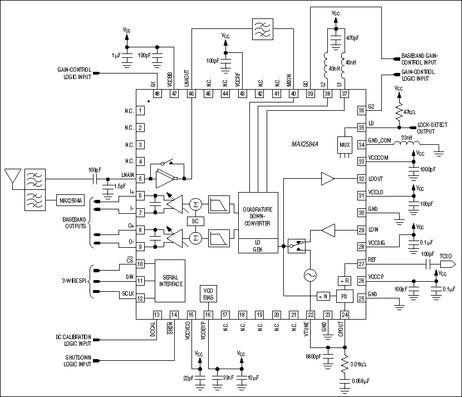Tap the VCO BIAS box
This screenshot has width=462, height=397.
tap(208, 294)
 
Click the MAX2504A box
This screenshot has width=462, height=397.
tap(71, 200)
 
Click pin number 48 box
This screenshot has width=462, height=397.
tap(158, 94)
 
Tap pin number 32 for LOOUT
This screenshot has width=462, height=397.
tap(361, 179)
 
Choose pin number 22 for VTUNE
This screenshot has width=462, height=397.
tap(309, 315)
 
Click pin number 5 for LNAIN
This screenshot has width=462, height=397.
tap(141, 179)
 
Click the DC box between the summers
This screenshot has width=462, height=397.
tap(196, 222)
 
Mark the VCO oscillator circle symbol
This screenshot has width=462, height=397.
tap(309, 276)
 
